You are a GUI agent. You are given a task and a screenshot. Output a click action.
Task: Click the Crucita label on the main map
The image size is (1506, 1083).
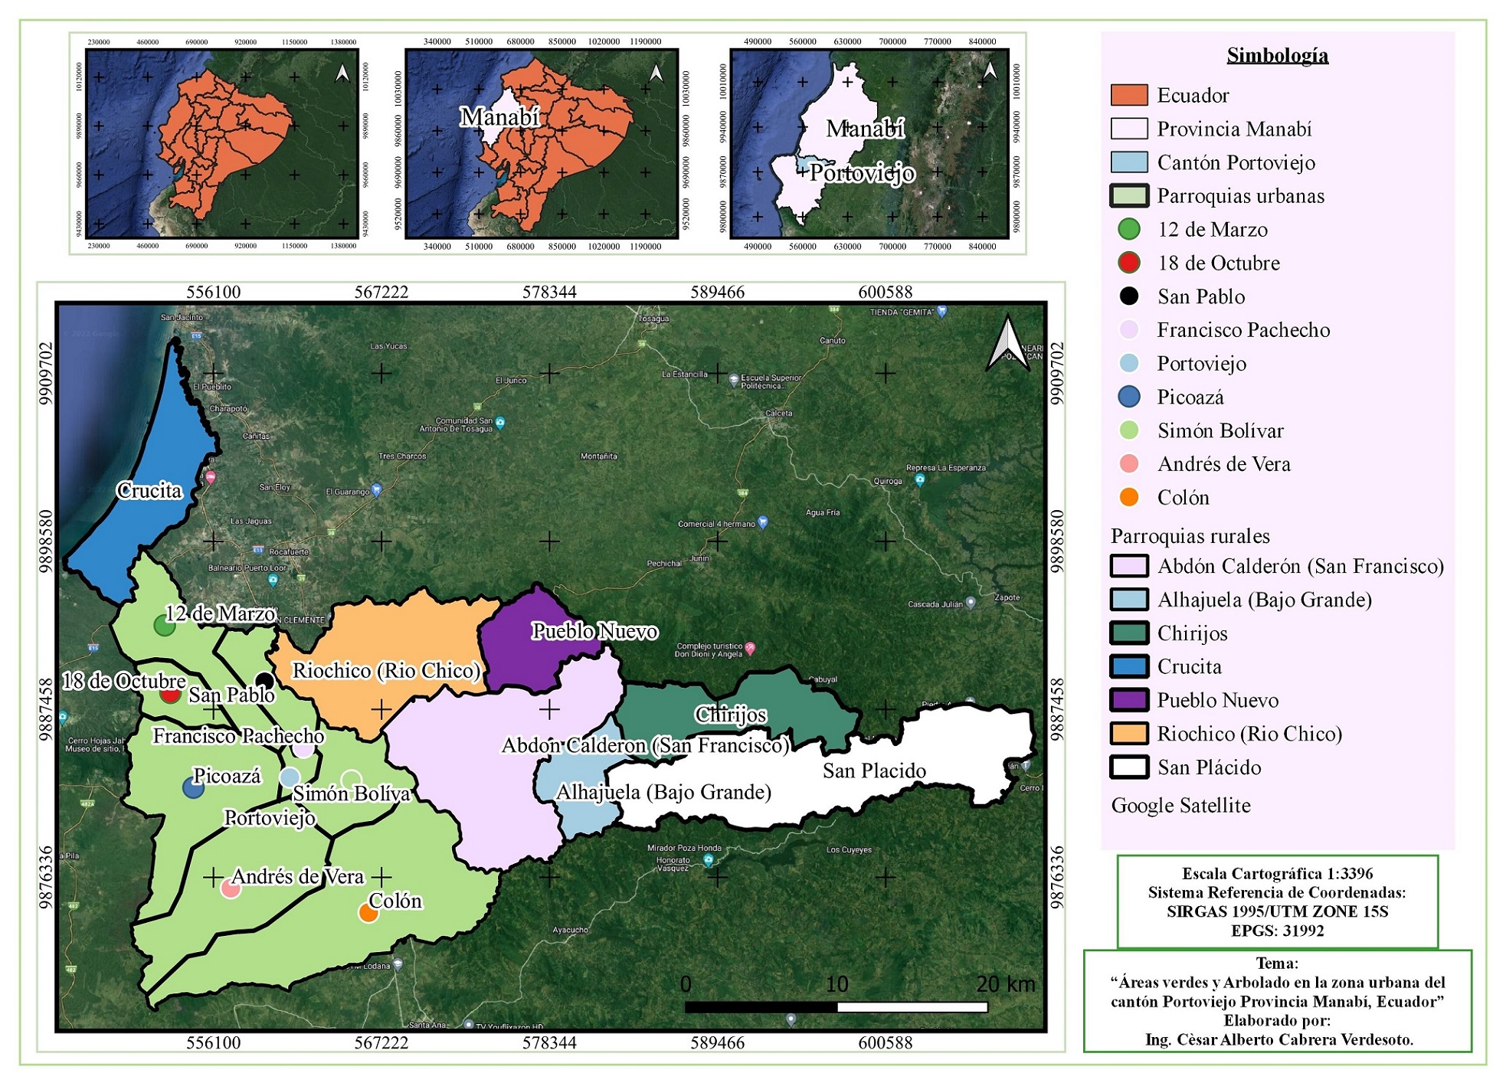tap(149, 490)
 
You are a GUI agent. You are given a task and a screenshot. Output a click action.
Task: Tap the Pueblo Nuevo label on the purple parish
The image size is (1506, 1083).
tap(594, 631)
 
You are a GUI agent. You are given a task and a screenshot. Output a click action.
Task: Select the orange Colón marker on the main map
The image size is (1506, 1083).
tap(368, 912)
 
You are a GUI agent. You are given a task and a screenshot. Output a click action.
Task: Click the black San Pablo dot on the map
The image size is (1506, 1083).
tap(264, 680)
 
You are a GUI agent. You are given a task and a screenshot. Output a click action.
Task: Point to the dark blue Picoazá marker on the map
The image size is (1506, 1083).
tap(193, 787)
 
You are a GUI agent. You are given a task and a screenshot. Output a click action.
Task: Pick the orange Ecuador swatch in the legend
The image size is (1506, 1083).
tap(1128, 95)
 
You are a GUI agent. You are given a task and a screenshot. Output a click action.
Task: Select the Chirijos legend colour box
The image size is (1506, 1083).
tap(1128, 633)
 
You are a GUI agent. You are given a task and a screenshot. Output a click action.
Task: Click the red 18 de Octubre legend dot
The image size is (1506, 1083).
tap(1128, 263)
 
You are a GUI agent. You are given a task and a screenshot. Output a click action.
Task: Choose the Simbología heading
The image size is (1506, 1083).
tap(1277, 55)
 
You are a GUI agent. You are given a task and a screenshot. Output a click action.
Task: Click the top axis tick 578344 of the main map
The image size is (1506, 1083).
tap(549, 292)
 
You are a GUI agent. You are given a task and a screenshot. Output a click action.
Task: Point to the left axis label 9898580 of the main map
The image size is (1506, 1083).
tap(46, 541)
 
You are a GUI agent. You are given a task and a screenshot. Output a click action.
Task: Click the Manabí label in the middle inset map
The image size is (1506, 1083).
tap(499, 116)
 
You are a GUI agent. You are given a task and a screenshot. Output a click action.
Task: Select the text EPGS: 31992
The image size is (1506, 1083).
tap(1277, 931)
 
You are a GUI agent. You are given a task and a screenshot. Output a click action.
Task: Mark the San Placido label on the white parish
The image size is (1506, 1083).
tap(874, 771)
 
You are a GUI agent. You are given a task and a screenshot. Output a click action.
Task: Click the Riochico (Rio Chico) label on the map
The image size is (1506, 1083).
tap(386, 670)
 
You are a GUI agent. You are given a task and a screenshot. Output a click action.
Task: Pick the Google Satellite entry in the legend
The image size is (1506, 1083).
tap(1180, 805)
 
